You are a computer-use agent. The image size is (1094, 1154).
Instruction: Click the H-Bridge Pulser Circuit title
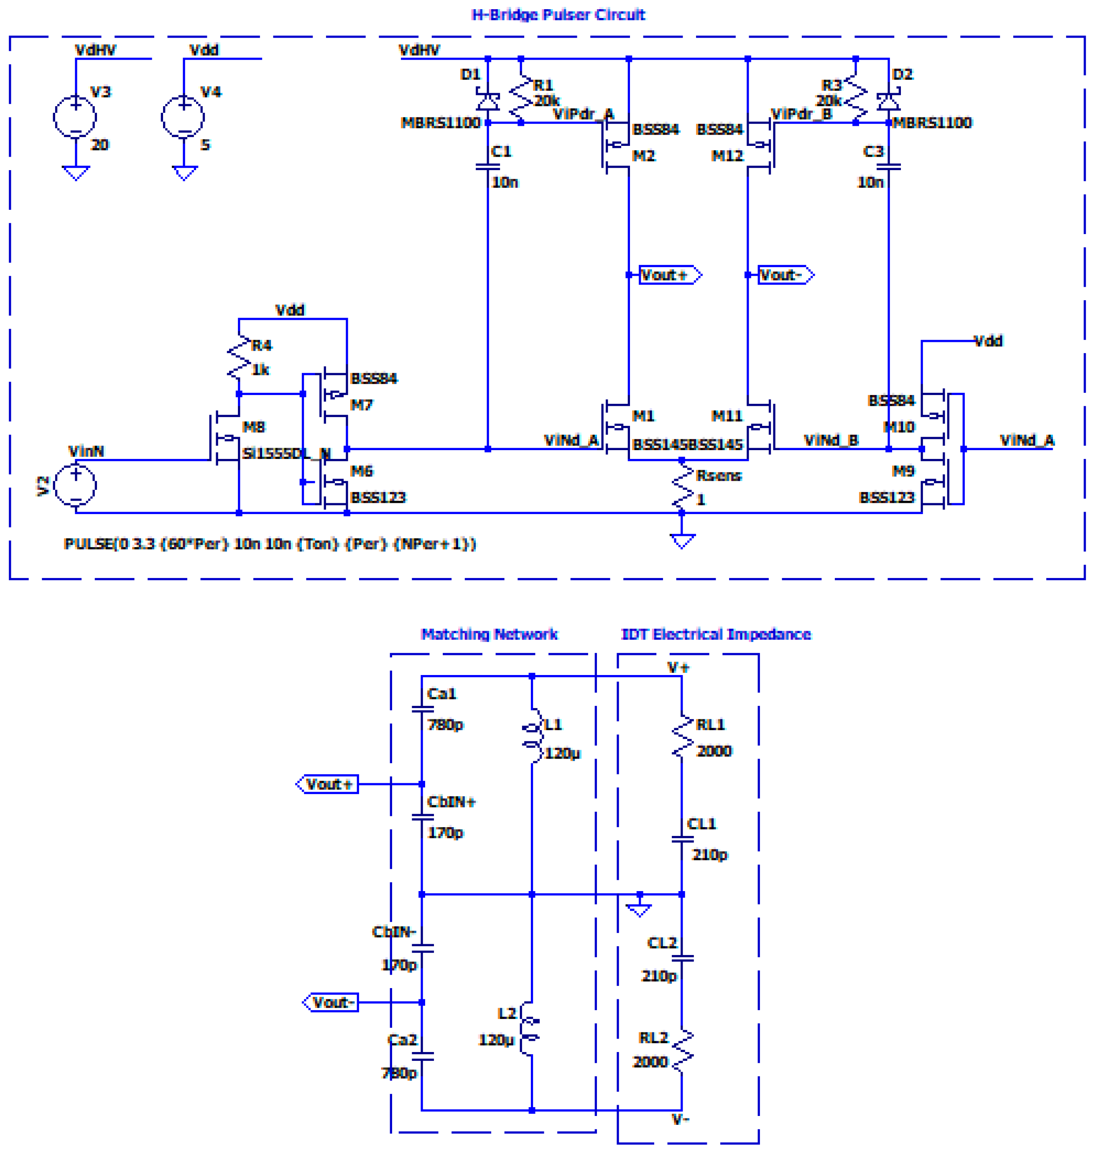tap(558, 15)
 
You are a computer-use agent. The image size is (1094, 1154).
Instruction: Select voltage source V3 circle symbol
tap(75, 117)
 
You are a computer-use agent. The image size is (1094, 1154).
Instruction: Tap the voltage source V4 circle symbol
tap(183, 117)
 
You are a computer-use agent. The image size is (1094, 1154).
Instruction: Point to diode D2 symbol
tap(888, 102)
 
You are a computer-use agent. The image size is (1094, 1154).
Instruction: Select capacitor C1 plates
tap(487, 167)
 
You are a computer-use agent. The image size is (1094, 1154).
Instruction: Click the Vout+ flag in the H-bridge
tap(669, 275)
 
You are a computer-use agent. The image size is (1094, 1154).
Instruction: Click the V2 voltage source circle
tap(75, 485)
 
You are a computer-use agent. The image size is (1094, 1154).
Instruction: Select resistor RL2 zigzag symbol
tap(682, 1050)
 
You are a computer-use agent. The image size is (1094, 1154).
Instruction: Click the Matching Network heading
tap(489, 634)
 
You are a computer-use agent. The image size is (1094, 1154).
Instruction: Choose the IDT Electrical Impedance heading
tap(716, 634)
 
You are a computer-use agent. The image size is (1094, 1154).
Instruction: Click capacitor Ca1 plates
tap(422, 710)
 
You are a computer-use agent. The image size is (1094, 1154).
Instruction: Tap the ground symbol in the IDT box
tap(639, 909)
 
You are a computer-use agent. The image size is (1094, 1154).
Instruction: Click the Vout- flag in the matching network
tap(331, 1002)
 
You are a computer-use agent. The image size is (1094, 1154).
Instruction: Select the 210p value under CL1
tap(709, 855)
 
